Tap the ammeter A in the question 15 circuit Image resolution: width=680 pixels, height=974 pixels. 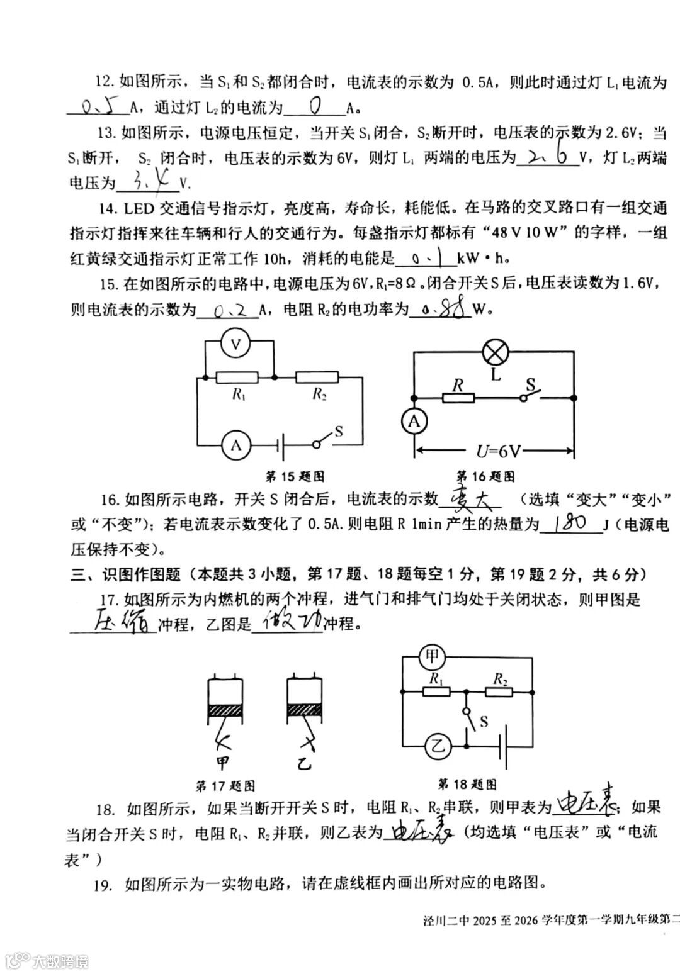coord(237,445)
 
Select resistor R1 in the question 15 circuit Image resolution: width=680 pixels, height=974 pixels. coord(237,378)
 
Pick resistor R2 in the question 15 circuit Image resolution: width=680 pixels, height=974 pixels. coord(317,378)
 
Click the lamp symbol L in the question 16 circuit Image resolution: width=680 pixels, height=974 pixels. coord(495,352)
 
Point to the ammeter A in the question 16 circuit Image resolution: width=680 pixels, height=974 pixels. coord(414,422)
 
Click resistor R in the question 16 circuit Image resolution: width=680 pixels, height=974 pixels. coord(458,398)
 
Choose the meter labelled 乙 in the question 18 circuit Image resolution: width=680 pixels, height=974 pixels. coord(438,747)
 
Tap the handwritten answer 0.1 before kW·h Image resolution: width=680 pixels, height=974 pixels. coord(424,257)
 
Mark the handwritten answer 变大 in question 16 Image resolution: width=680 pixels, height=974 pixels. coord(470,499)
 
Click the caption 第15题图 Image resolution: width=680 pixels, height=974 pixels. coord(295,476)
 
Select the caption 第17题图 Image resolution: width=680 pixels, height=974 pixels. coord(225,786)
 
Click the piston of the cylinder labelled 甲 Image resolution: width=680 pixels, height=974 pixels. coord(225,708)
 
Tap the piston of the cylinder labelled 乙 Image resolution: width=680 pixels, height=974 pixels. coord(304,708)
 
